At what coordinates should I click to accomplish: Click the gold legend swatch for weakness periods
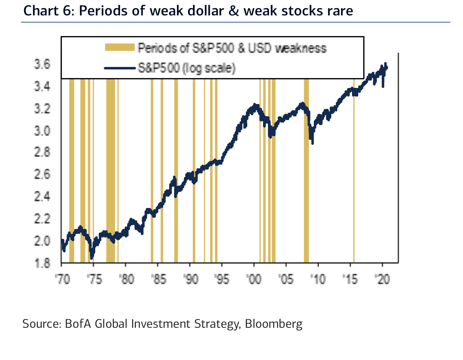[120, 47]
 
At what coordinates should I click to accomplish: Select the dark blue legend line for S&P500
[120, 68]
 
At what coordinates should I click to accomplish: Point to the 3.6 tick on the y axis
[42, 64]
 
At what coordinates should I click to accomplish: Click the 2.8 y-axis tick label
[42, 153]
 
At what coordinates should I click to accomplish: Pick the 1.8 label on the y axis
[42, 263]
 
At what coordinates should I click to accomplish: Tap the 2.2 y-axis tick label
[42, 219]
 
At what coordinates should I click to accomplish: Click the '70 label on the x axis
[63, 279]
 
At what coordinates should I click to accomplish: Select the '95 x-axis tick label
[222, 279]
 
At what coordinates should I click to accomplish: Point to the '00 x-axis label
[254, 279]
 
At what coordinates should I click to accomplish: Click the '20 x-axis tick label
[382, 279]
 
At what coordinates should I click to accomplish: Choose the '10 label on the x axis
[318, 279]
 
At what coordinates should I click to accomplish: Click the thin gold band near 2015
[354, 175]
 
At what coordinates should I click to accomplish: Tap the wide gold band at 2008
[306, 175]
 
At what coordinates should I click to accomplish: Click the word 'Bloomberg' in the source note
[274, 324]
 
